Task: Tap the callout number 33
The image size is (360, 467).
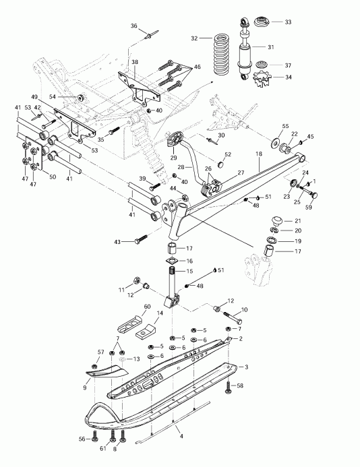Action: pyautogui.click(x=288, y=22)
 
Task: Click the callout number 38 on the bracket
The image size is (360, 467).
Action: pyautogui.click(x=135, y=61)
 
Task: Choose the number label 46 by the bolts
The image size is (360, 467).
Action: pyautogui.click(x=197, y=67)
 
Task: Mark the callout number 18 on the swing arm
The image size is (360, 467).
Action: pyautogui.click(x=259, y=154)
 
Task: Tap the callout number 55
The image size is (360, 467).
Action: pyautogui.click(x=285, y=126)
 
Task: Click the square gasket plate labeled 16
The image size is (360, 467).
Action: pyautogui.click(x=171, y=261)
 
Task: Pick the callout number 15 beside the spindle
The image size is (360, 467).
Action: pyautogui.click(x=189, y=271)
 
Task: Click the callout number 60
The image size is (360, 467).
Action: pyautogui.click(x=147, y=305)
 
